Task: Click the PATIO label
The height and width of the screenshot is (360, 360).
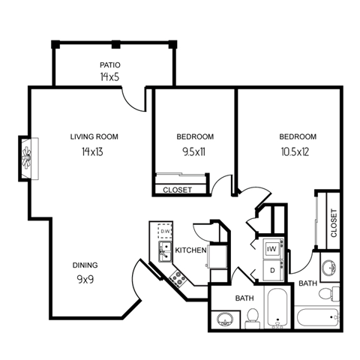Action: click(111, 64)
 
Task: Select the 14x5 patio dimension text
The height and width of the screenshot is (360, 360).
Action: click(111, 76)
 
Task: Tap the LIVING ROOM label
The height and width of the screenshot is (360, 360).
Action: click(94, 136)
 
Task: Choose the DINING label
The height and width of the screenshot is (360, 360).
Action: click(85, 265)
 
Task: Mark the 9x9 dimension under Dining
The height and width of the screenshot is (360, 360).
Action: click(85, 279)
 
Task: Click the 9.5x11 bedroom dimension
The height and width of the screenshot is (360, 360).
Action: click(196, 151)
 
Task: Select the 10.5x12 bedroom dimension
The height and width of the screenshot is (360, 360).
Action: click(298, 151)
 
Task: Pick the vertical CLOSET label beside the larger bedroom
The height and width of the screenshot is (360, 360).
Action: click(333, 223)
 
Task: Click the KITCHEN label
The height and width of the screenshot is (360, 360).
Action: click(190, 249)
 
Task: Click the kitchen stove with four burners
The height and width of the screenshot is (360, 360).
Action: click(178, 278)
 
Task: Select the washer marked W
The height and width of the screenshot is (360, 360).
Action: click(272, 247)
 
